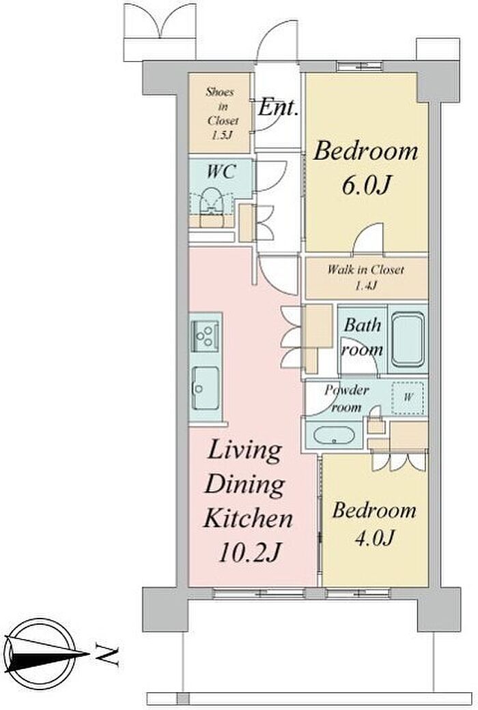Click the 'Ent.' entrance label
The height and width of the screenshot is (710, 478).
pos(279,108)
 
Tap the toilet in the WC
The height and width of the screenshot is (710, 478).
pos(211,207)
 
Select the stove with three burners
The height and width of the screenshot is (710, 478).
pos(206,336)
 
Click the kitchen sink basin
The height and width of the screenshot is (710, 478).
pos(206,387)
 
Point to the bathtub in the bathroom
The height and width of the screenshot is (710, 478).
pos(408,339)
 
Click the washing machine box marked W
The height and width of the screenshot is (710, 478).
pos(408,398)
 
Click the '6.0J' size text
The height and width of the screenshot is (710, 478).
pos(365,185)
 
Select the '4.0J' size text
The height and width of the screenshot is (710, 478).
pos(374,537)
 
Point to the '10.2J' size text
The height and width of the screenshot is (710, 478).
pos(249,552)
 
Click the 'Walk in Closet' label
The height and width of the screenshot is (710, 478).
pos(365,270)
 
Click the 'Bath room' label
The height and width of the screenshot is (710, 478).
pos(363,336)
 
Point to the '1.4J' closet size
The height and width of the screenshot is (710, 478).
pos(365,286)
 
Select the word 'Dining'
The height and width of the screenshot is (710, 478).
pos(245,485)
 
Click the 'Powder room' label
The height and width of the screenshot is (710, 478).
pos(347,398)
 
